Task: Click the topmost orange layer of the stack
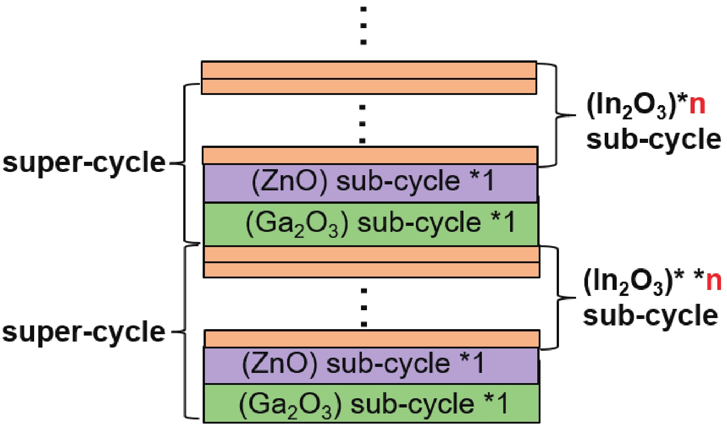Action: click(x=369, y=70)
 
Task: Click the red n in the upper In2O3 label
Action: click(x=697, y=105)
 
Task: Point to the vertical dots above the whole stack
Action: click(x=364, y=26)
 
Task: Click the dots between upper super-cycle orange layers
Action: click(x=363, y=124)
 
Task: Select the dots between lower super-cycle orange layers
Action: click(x=364, y=307)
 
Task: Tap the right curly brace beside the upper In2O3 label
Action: click(x=556, y=115)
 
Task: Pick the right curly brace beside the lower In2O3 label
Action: click(x=558, y=298)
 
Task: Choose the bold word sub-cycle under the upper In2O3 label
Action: click(x=654, y=139)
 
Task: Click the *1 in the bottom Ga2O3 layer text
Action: click(x=496, y=403)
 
